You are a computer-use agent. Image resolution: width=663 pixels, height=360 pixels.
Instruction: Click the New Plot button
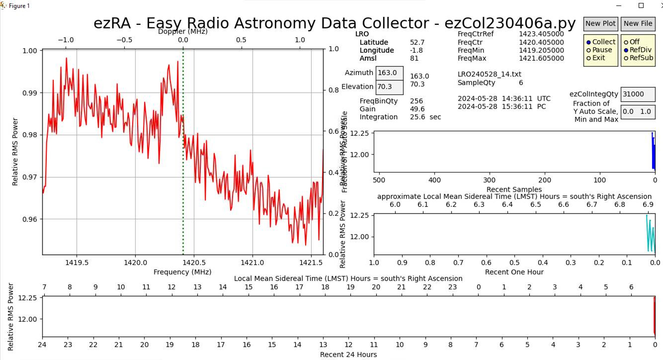pyautogui.click(x=600, y=23)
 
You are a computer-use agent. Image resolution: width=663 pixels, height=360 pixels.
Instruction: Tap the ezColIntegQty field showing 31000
pyautogui.click(x=638, y=94)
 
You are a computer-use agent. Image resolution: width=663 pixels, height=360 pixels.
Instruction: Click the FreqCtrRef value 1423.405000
pyautogui.click(x=541, y=34)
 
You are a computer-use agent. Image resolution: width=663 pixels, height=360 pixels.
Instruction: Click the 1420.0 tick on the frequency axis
pyautogui.click(x=135, y=263)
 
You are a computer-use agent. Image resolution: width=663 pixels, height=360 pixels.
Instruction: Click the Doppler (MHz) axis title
pyautogui.click(x=183, y=31)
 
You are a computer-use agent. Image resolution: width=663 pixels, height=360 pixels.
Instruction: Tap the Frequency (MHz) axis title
pyautogui.click(x=182, y=272)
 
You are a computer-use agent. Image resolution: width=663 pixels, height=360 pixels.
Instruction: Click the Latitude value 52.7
pyautogui.click(x=417, y=42)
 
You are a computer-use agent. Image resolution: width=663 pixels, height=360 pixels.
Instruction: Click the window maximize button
pyautogui.click(x=641, y=5)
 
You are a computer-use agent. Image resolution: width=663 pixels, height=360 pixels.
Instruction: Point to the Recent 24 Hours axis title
pyautogui.click(x=348, y=355)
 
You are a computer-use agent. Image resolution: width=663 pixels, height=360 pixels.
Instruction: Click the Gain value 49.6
pyautogui.click(x=417, y=109)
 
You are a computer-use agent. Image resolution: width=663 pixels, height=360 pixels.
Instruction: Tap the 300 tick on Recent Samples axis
pyautogui.click(x=490, y=180)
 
